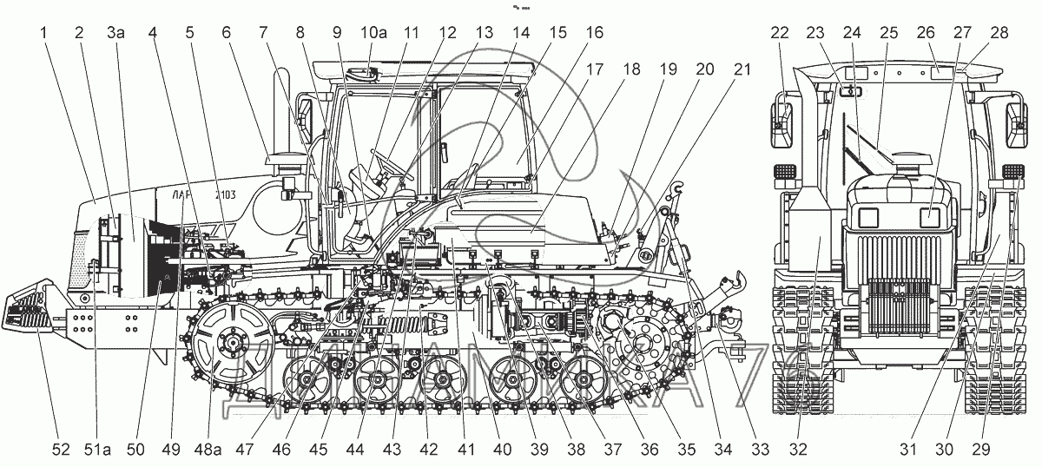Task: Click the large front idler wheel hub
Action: coord(231,345)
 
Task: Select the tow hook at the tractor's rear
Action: coord(737,280)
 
